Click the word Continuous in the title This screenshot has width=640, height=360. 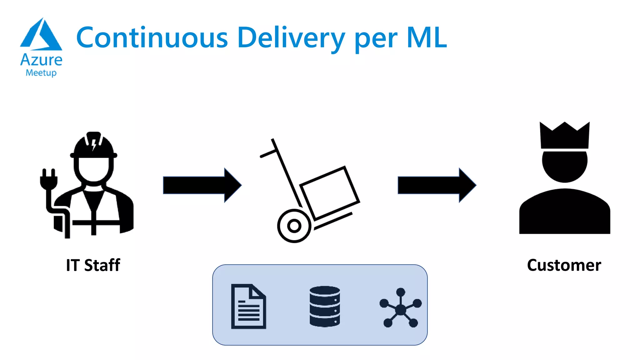(152, 37)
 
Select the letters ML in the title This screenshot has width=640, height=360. (427, 37)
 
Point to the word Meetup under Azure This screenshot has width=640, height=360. (41, 73)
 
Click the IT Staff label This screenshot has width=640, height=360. (93, 265)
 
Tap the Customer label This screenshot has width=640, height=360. (564, 265)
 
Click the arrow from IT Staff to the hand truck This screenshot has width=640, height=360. (202, 185)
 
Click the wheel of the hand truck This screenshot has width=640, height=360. (294, 226)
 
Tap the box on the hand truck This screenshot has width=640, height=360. (330, 192)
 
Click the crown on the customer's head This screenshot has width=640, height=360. (565, 136)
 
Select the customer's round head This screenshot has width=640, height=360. (565, 166)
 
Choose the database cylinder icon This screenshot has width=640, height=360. (325, 306)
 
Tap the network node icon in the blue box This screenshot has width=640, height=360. (401, 308)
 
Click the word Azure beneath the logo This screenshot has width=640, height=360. (41, 60)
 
